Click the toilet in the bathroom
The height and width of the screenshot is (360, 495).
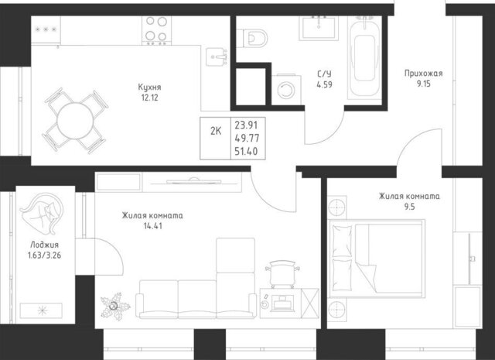pyautogui.click(x=253, y=38)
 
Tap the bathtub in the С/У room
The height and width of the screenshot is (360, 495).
pyautogui.click(x=364, y=57)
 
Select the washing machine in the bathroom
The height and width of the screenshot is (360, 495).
pyautogui.click(x=286, y=90)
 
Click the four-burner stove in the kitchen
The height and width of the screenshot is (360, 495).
pyautogui.click(x=156, y=30)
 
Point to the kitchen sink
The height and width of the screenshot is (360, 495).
pyautogui.click(x=217, y=57)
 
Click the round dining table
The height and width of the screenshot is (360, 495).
pyautogui.click(x=75, y=121)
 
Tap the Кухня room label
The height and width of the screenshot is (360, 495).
pyautogui.click(x=149, y=87)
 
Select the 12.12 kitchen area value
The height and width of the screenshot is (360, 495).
pyautogui.click(x=149, y=98)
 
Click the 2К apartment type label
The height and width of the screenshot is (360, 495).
pyautogui.click(x=216, y=131)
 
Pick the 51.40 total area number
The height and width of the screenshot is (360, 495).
pyautogui.click(x=246, y=152)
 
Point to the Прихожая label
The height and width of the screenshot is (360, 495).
pyautogui.click(x=424, y=74)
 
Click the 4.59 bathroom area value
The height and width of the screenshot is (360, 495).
pyautogui.click(x=325, y=84)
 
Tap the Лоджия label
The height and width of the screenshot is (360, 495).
pyautogui.click(x=45, y=245)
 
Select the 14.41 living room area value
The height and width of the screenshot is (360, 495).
pyautogui.click(x=153, y=226)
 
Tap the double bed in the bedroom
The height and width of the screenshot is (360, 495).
pyautogui.click(x=377, y=259)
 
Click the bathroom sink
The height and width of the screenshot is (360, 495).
pyautogui.click(x=319, y=28)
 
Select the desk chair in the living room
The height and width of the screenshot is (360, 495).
pyautogui.click(x=282, y=273)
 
